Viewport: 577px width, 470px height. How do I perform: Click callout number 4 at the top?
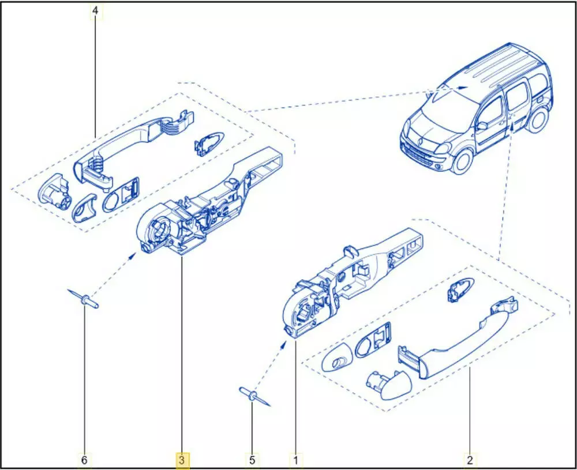click(95, 11)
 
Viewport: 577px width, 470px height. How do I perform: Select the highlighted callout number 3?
click(182, 460)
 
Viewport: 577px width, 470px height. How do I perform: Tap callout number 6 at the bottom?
click(84, 460)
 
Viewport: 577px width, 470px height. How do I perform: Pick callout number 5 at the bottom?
click(252, 460)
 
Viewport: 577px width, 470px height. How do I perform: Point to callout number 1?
click(295, 460)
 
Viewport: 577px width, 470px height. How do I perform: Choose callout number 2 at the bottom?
click(470, 460)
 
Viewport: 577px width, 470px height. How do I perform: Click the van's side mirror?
click(482, 125)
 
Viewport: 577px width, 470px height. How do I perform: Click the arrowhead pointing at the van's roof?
click(463, 88)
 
